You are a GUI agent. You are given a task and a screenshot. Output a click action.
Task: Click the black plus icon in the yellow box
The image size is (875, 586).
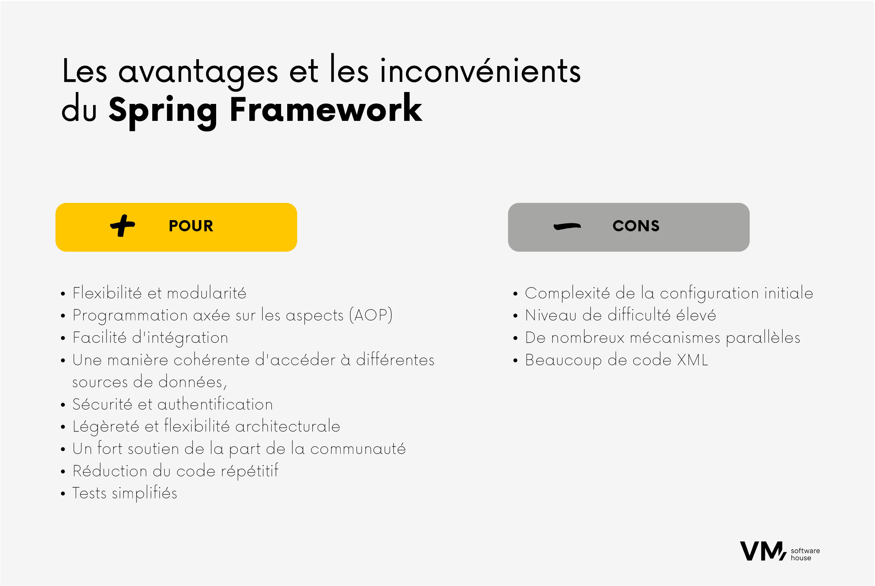[x=123, y=226]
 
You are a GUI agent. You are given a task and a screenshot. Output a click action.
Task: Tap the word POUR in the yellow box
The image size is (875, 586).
[x=191, y=226]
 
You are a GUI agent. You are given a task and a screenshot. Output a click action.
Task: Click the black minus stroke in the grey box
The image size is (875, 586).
[x=567, y=226]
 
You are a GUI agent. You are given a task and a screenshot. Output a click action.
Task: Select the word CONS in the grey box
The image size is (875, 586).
[x=636, y=226]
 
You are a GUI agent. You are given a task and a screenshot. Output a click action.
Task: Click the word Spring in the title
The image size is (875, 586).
[x=163, y=112]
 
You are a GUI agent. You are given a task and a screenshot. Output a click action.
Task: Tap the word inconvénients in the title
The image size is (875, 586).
[x=481, y=71]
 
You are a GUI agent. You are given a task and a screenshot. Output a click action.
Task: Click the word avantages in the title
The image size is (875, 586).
[x=198, y=73]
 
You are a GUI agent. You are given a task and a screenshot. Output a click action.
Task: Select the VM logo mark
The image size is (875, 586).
[x=763, y=551]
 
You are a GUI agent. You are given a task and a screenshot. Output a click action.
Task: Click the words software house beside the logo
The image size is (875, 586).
[x=805, y=554]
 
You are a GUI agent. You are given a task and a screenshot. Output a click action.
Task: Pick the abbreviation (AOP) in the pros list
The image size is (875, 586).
[x=371, y=315]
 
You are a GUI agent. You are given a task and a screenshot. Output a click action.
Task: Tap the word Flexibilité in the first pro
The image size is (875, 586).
[x=107, y=293]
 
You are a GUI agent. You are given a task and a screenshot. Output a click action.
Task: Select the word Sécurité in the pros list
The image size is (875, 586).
[x=102, y=404]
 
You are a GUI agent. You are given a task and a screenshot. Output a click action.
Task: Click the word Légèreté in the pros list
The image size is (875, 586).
[x=106, y=427]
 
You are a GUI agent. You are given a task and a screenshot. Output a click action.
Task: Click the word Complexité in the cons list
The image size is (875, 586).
[x=567, y=293]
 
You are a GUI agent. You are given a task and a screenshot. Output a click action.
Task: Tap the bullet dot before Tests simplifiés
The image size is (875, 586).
[x=63, y=494]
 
